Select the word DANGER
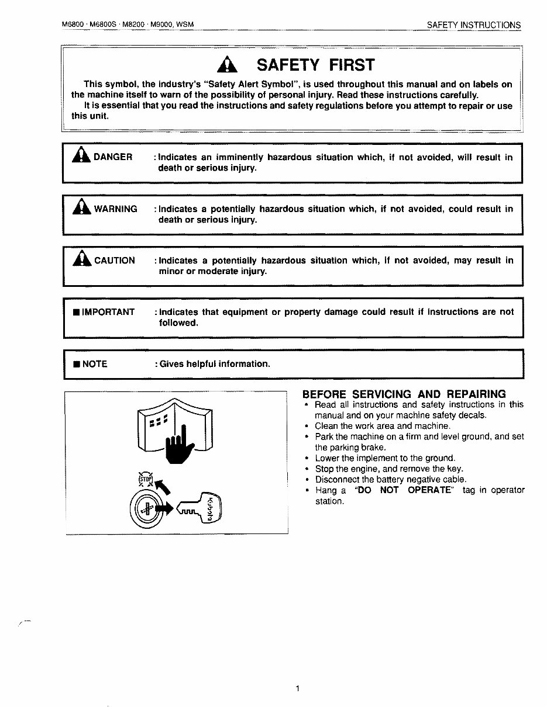113,157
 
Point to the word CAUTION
115,261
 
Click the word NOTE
95,364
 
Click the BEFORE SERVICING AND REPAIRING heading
404,394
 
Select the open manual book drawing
174,425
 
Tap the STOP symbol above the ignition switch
145,480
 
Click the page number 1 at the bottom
298,689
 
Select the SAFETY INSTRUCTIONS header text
473,25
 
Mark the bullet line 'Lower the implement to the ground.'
385,458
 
